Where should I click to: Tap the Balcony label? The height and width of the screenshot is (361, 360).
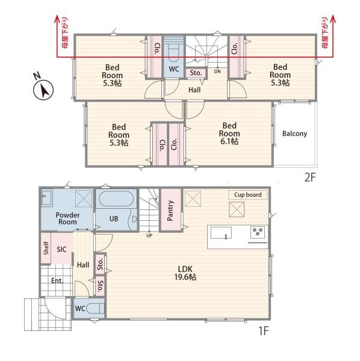294,134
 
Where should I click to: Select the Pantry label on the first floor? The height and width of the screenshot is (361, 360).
170,211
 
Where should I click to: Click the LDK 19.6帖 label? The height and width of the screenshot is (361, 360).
185,273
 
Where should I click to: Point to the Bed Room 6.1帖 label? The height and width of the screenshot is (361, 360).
229,134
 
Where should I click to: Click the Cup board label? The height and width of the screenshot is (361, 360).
248,195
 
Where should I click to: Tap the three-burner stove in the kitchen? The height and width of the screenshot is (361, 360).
258,232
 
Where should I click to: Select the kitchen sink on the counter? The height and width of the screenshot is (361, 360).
221,233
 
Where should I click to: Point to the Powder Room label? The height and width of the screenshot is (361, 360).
67,218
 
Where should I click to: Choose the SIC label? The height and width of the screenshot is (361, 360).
61,249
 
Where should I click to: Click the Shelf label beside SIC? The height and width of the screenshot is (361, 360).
46,248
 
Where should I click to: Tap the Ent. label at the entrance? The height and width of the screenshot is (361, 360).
57,280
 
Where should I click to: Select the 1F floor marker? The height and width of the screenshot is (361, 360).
264,331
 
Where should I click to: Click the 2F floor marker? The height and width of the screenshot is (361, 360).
310,177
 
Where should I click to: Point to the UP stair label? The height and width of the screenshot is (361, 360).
149,235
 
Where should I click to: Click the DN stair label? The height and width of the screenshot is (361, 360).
217,72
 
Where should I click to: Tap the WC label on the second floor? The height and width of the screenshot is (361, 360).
174,69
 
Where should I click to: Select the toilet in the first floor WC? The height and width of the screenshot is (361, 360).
95,309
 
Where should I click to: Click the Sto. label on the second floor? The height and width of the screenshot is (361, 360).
196,73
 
